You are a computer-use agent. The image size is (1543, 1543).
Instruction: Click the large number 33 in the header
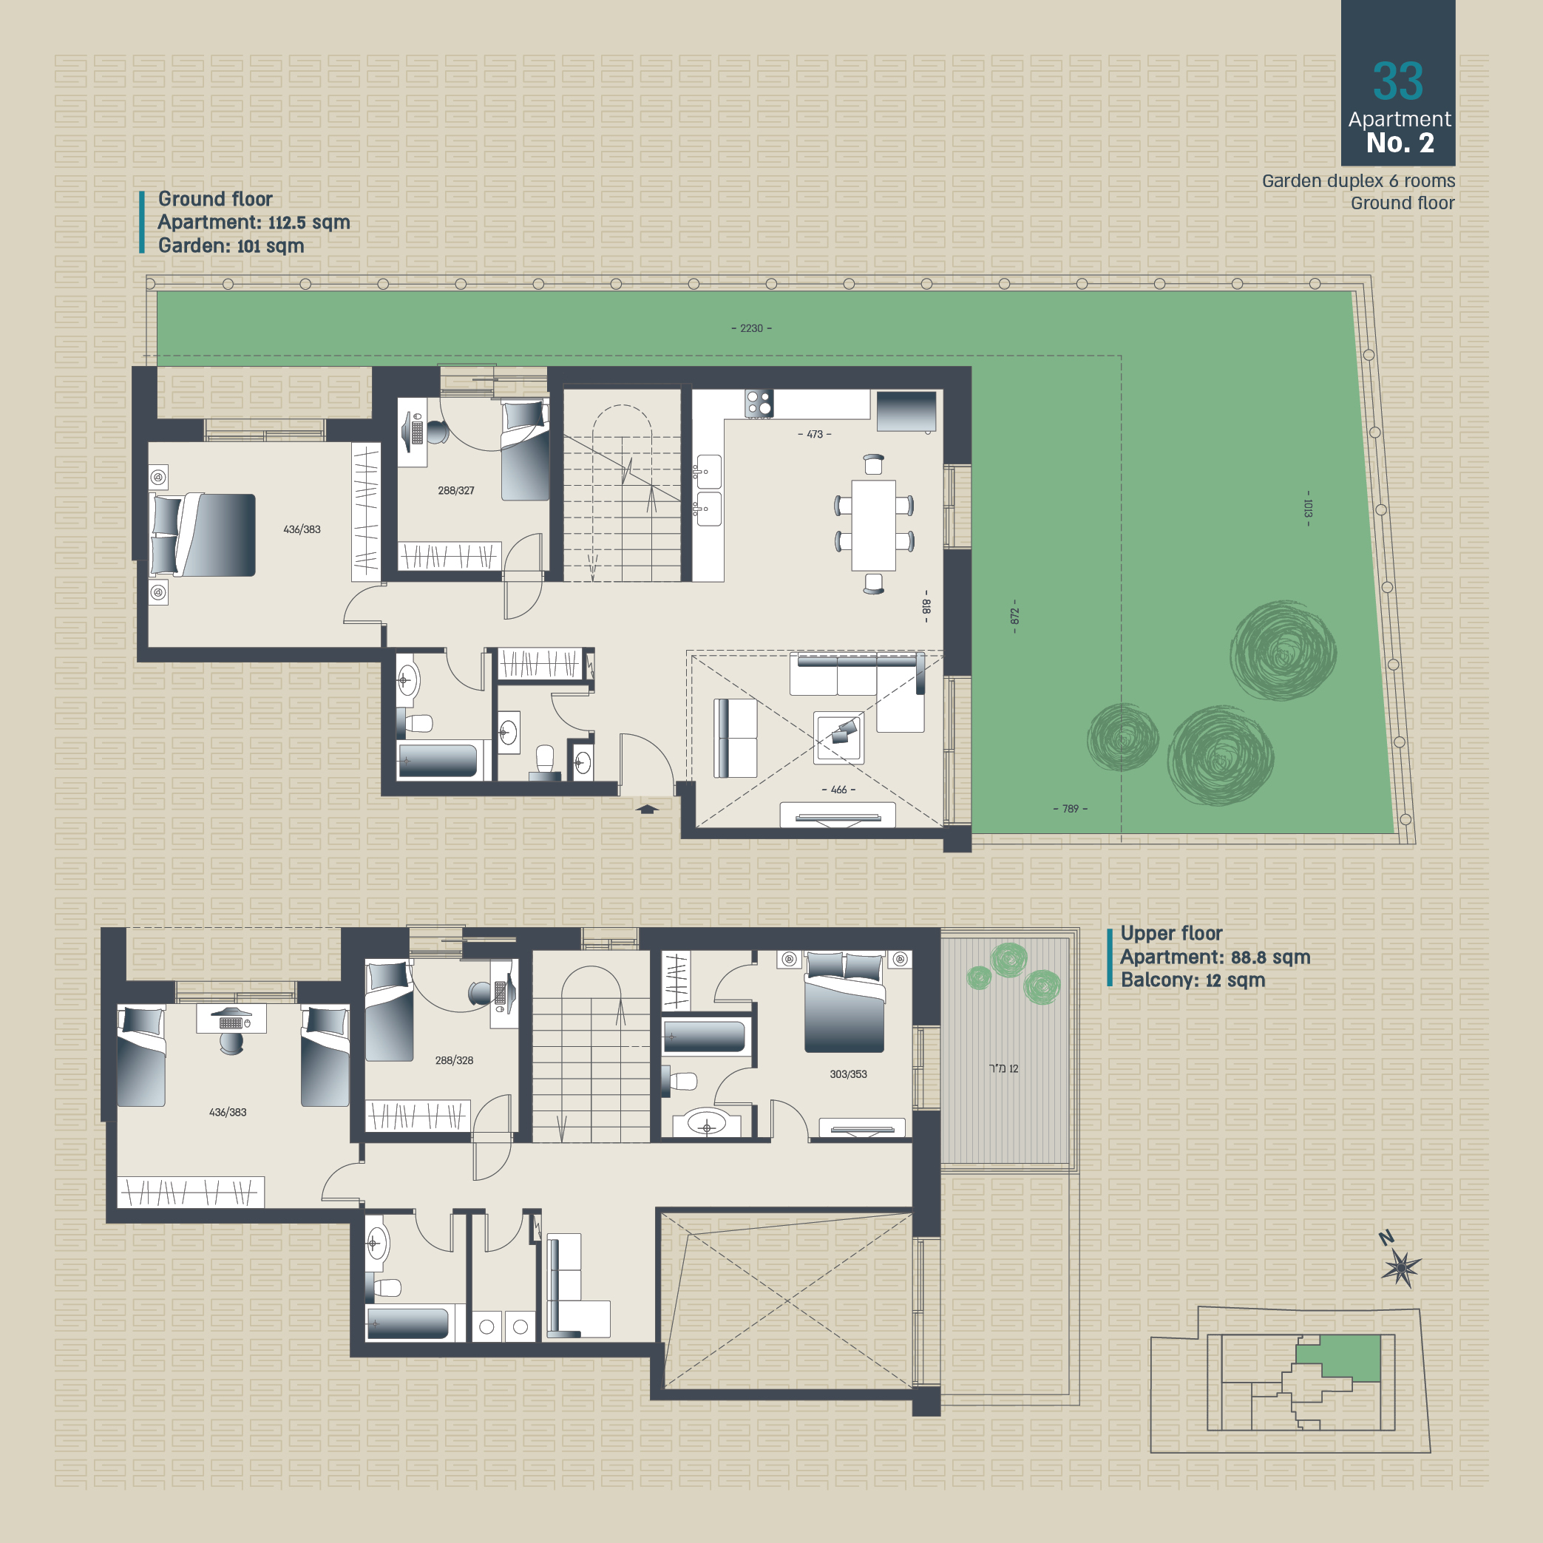(x=1397, y=81)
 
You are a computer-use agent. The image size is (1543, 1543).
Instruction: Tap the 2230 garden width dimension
(x=751, y=328)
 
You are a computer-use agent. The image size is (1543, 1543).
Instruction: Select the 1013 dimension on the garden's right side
(x=1307, y=508)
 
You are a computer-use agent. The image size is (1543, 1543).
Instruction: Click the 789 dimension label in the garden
(x=1071, y=809)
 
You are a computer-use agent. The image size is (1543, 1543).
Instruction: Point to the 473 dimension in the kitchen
(x=815, y=435)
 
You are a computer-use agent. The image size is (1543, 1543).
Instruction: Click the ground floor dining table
(x=874, y=525)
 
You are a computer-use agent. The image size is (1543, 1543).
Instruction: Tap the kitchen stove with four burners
(x=759, y=404)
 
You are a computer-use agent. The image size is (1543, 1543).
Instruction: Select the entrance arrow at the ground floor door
(x=647, y=809)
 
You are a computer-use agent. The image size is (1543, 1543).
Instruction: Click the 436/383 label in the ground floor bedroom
(x=302, y=529)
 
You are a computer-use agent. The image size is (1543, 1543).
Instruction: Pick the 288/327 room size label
(x=456, y=490)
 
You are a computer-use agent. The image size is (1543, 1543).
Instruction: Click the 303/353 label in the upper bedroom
(x=848, y=1074)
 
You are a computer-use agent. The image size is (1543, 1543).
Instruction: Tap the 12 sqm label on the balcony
(x=1004, y=1068)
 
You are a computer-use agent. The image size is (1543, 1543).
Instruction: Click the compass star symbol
(x=1402, y=1266)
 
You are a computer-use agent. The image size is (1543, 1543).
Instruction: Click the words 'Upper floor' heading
(x=1172, y=933)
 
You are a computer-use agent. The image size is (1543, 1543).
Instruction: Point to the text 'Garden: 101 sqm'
(x=231, y=245)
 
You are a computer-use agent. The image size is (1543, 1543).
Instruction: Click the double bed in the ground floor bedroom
(x=203, y=535)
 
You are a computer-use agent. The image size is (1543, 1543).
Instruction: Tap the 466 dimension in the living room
(x=838, y=790)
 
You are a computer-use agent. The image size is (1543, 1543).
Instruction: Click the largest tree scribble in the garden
(x=1283, y=650)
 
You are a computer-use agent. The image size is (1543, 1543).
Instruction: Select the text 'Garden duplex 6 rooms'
(x=1358, y=181)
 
